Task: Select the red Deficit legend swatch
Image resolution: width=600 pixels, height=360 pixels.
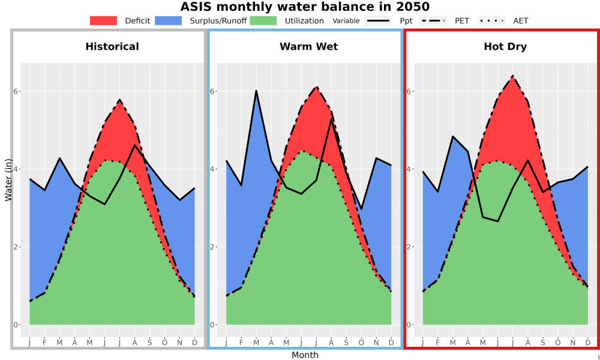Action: click(x=103, y=20)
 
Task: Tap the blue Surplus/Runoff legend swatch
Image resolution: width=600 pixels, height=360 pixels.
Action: click(x=169, y=20)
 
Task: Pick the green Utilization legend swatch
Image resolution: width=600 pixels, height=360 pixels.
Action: click(x=263, y=20)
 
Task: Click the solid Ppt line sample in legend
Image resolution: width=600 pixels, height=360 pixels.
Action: click(x=378, y=20)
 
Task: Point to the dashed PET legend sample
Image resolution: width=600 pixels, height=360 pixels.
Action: click(x=433, y=20)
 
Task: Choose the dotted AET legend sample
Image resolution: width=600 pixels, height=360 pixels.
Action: click(x=491, y=20)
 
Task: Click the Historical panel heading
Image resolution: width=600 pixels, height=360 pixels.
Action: click(x=112, y=47)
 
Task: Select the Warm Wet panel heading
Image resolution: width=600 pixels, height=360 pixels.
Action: click(x=309, y=47)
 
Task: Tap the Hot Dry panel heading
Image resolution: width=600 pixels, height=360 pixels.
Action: click(x=505, y=47)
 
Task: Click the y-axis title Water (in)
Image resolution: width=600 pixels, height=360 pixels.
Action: click(x=8, y=179)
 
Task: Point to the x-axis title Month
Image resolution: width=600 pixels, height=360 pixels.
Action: click(x=305, y=355)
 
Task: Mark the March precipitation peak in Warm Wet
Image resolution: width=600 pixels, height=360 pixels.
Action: click(x=256, y=91)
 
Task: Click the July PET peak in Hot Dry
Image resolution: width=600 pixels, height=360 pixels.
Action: click(x=512, y=76)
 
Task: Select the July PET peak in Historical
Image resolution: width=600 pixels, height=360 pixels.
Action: click(x=119, y=100)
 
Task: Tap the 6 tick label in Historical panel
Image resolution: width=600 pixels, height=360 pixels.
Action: click(x=16, y=91)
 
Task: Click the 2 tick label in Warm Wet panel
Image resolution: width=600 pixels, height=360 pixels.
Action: click(x=212, y=247)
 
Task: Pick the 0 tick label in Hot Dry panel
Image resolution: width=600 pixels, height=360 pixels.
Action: click(x=409, y=325)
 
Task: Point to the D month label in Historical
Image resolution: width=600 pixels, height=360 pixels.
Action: click(x=195, y=343)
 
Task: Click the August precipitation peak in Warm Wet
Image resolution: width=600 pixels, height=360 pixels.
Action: click(x=331, y=119)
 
